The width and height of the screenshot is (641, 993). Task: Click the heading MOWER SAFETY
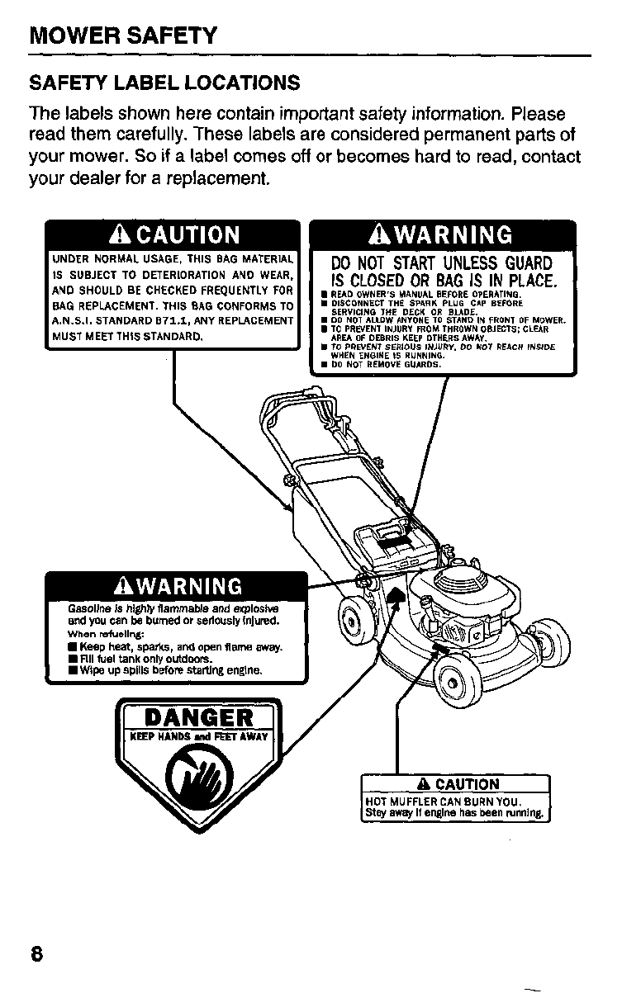123,36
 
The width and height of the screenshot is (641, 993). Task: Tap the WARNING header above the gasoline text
178,586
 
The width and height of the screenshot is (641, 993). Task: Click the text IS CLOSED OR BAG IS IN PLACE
441,280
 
